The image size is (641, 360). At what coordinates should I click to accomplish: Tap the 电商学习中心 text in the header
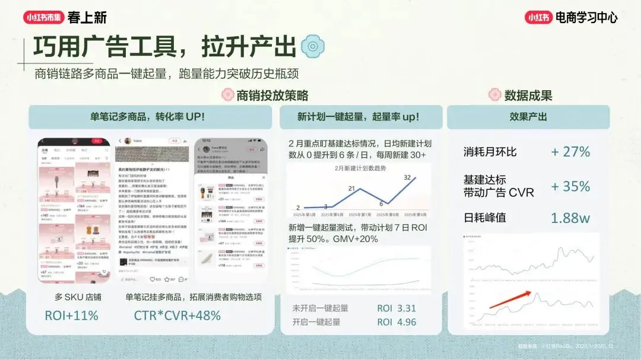(586, 17)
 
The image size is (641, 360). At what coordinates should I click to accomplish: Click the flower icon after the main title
(312, 46)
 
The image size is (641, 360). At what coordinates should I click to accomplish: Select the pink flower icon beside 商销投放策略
(227, 95)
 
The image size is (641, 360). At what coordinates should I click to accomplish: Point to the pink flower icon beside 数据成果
(494, 95)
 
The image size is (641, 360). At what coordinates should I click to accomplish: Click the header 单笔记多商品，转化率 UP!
(148, 117)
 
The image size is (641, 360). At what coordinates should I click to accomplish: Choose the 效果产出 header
(528, 117)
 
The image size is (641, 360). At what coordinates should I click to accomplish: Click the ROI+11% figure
(71, 316)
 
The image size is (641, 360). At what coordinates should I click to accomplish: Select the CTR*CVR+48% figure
(177, 316)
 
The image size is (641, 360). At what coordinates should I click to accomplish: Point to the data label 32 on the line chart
(408, 177)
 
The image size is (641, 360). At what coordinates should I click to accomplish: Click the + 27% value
(570, 152)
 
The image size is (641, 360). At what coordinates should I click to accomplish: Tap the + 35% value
(570, 186)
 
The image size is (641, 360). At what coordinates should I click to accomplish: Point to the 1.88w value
(570, 218)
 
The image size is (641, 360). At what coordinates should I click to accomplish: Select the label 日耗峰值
(485, 218)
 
